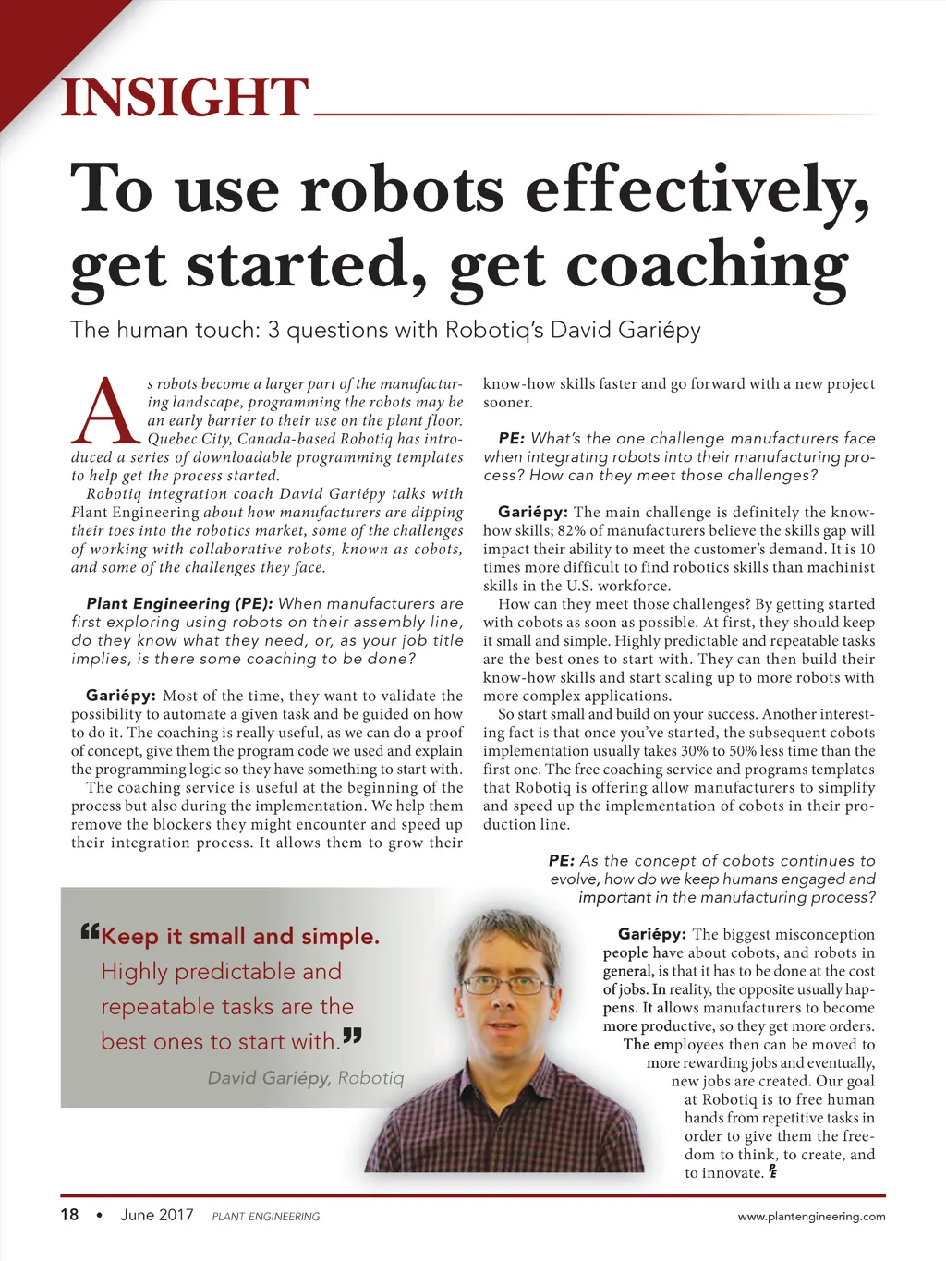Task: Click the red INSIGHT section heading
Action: tap(183, 98)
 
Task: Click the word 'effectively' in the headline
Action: tap(697, 190)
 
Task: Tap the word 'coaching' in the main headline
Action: tap(707, 266)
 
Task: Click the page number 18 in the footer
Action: tap(69, 1215)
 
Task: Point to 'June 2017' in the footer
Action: tap(156, 1215)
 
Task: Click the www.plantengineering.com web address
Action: tap(811, 1217)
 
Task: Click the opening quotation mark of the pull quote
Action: tap(90, 931)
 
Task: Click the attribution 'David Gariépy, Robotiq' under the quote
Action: tap(306, 1078)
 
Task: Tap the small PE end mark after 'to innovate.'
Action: tap(772, 1172)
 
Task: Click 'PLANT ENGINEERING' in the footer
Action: tap(265, 1217)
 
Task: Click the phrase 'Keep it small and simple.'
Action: tap(240, 937)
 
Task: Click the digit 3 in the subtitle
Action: tap(273, 330)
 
